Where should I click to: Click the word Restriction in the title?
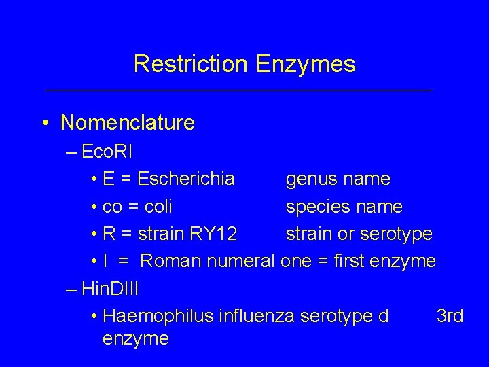pos(192,64)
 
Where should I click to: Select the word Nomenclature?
pos(127,123)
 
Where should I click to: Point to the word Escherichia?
pos(186,179)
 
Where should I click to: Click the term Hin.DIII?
pos(109,288)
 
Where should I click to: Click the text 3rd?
pos(450,316)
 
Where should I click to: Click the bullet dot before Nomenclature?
pos(44,124)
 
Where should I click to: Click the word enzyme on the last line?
pos(135,338)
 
